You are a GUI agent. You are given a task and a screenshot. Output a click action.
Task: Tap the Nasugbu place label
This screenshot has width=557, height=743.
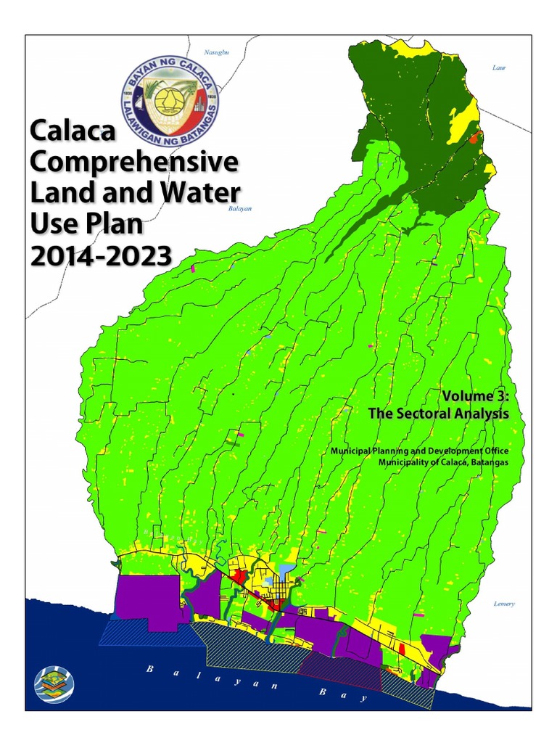217,53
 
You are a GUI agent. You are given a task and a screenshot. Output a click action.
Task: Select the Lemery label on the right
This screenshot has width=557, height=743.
503,603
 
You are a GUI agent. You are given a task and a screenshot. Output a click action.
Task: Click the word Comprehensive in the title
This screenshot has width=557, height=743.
134,163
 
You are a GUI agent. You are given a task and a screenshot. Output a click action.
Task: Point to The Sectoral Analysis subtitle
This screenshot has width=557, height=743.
438,414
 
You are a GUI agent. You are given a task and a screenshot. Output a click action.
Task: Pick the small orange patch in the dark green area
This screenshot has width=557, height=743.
475,137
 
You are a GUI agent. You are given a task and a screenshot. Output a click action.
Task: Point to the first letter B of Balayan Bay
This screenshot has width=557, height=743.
149,668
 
